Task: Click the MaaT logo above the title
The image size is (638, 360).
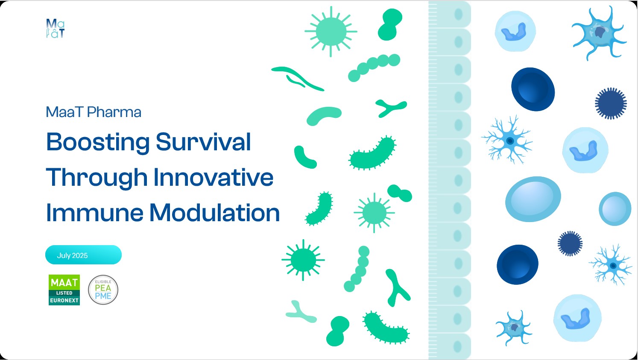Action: [x=55, y=28]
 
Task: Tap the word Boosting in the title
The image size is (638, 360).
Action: [x=97, y=142]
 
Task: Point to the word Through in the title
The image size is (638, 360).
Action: [x=97, y=178]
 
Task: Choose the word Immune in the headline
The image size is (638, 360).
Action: [x=94, y=213]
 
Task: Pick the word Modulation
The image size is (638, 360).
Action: [x=215, y=213]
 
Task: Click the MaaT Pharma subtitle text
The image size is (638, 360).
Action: [x=94, y=112]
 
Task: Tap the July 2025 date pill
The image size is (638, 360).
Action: [x=83, y=255]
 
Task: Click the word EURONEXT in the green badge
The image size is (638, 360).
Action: [x=64, y=301]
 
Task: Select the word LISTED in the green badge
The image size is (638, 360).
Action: [x=64, y=293]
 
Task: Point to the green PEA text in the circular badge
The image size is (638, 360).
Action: [x=103, y=288]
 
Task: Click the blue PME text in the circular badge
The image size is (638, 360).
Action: [x=103, y=296]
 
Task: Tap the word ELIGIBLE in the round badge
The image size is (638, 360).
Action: [x=103, y=282]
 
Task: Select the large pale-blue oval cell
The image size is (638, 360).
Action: [x=533, y=199]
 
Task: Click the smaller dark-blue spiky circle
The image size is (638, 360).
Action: [x=570, y=243]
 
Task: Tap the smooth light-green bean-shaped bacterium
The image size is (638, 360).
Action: [x=324, y=116]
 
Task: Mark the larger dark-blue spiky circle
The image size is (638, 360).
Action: [x=611, y=103]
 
